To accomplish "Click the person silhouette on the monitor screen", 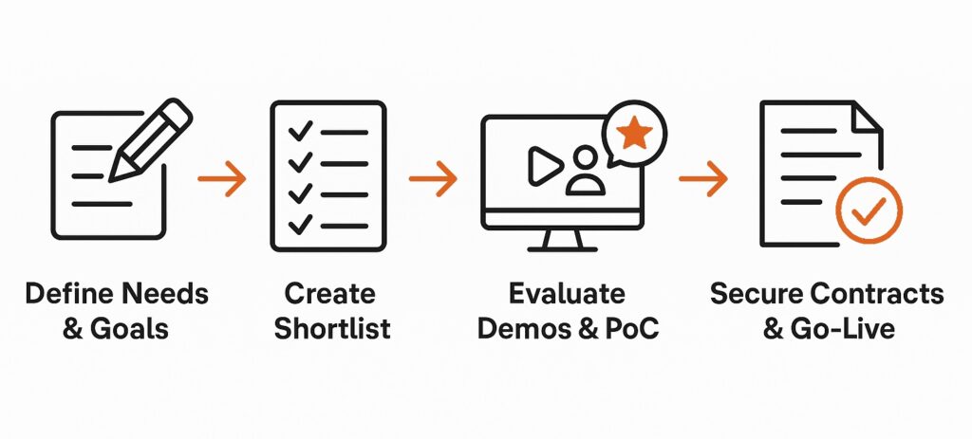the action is click(x=586, y=171).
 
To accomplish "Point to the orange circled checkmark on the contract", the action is click(x=869, y=210).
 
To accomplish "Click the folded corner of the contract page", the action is click(x=868, y=117).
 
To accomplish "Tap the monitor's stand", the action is click(x=562, y=240).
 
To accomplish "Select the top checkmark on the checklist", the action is click(x=300, y=131).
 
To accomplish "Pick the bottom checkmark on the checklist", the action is click(x=300, y=224).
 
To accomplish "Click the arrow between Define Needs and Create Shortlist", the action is click(x=222, y=179).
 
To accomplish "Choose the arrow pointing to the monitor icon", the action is click(x=433, y=179).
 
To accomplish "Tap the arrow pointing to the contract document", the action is click(x=703, y=179).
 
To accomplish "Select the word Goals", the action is click(x=129, y=329).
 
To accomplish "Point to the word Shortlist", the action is click(x=332, y=329).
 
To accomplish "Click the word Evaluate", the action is click(x=568, y=294).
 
